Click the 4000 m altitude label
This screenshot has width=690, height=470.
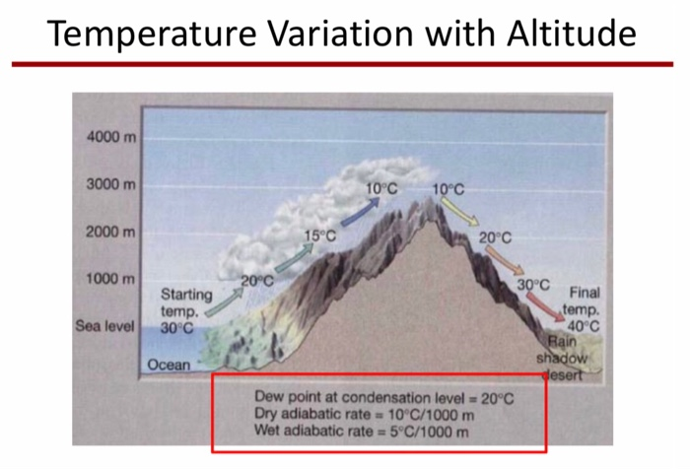(109, 136)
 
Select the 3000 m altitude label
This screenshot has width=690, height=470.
(109, 184)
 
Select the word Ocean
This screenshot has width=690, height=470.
(169, 365)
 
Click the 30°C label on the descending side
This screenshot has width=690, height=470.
(533, 285)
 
